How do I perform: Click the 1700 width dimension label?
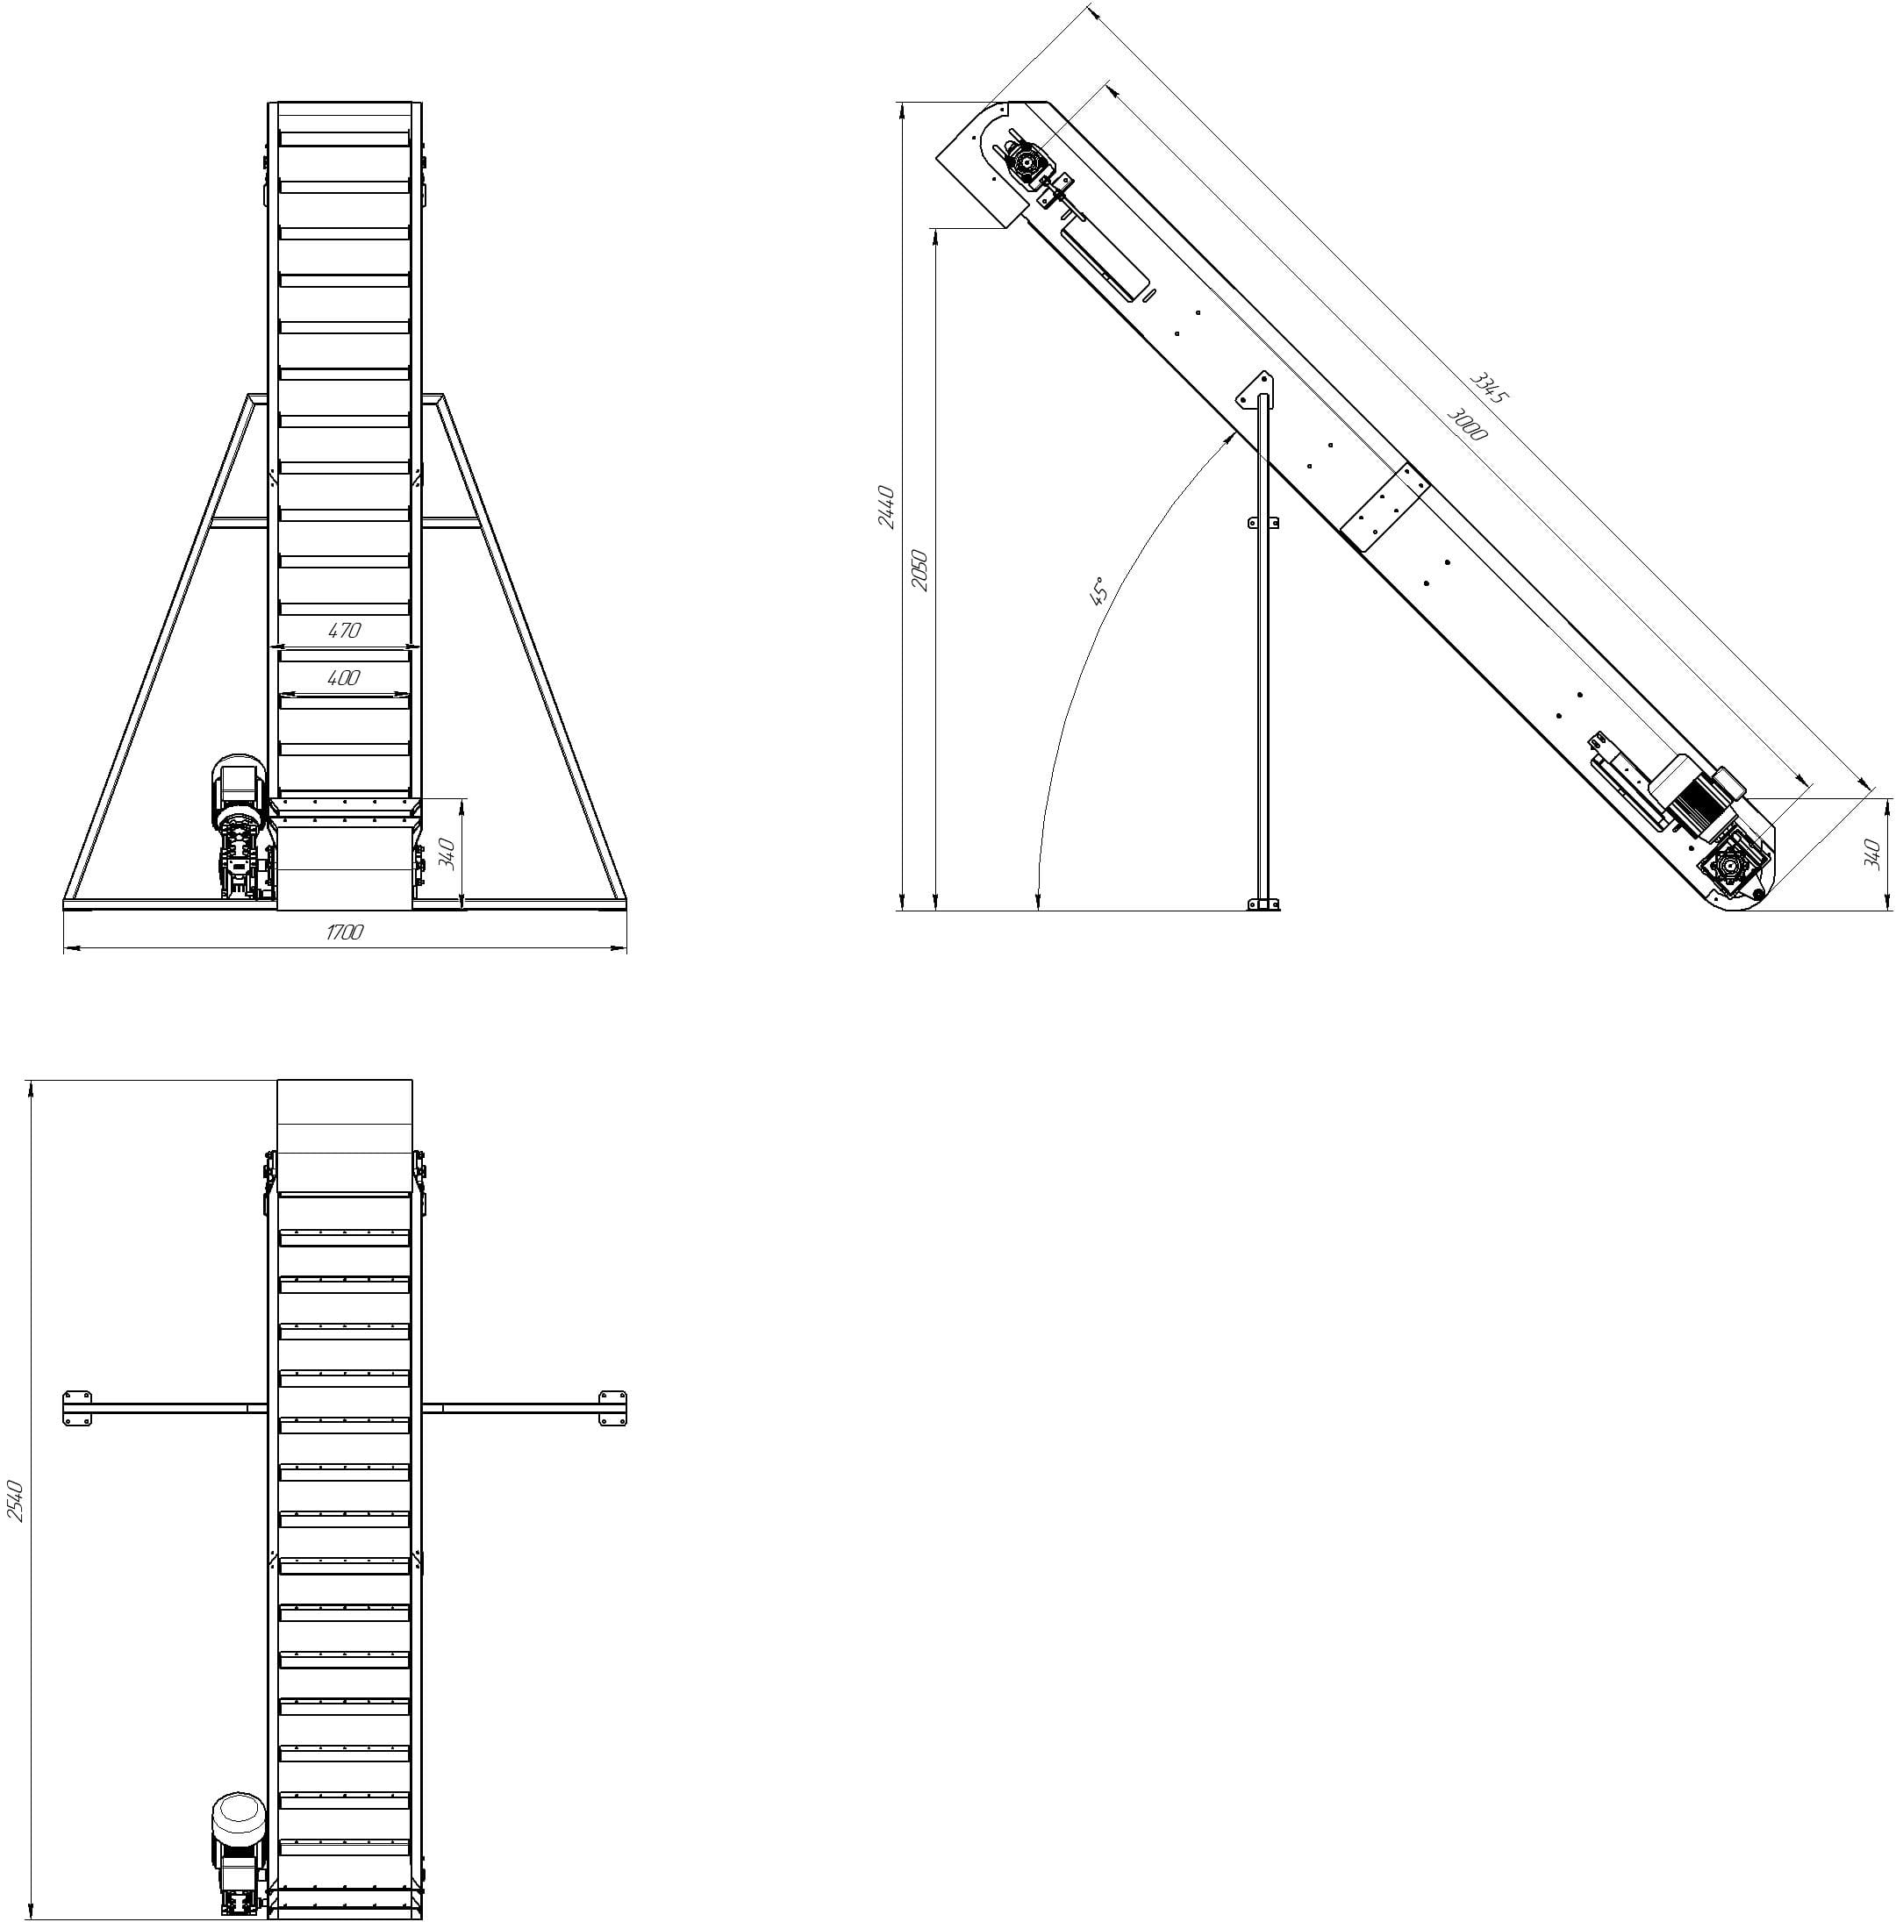click(x=344, y=932)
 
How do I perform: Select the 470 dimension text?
click(x=343, y=631)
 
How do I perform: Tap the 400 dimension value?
click(x=343, y=678)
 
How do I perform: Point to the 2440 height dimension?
click(x=886, y=507)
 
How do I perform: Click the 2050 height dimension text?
click(x=920, y=570)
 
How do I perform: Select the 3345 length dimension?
click(x=1489, y=387)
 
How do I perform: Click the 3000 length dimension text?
click(x=1466, y=424)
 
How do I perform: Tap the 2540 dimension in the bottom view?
click(x=16, y=1500)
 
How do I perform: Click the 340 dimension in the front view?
click(x=447, y=853)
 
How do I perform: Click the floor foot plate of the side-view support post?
click(x=1263, y=904)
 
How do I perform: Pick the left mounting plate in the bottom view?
click(x=77, y=1408)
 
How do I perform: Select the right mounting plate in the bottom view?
click(x=612, y=1408)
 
